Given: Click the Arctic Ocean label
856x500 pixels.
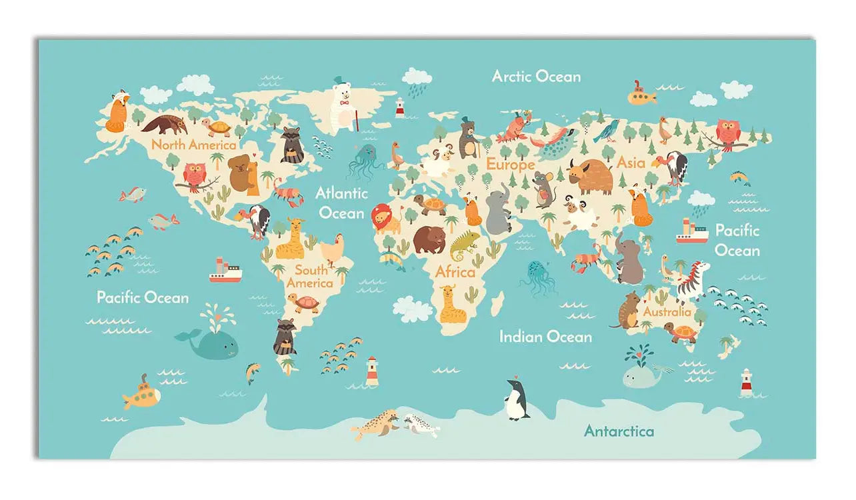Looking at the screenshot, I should [x=536, y=76].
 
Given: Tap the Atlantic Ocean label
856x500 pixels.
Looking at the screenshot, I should [x=341, y=203].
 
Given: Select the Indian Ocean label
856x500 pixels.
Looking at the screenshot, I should [x=545, y=337].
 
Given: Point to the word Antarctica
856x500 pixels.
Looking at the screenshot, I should [x=619, y=431].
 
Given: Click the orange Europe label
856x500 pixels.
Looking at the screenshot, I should [x=510, y=164].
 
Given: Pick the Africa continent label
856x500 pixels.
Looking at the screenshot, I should [x=455, y=272].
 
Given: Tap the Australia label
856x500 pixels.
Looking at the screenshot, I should [x=667, y=311].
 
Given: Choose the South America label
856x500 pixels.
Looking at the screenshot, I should [x=310, y=276].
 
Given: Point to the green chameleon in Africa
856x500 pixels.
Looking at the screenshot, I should [x=464, y=245].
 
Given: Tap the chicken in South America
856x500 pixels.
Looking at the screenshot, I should [x=332, y=249].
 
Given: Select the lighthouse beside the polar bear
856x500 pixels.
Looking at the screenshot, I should [x=400, y=107].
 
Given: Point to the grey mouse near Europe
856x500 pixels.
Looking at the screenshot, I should [x=543, y=189].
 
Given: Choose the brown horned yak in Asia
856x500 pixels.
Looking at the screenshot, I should [x=591, y=176].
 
